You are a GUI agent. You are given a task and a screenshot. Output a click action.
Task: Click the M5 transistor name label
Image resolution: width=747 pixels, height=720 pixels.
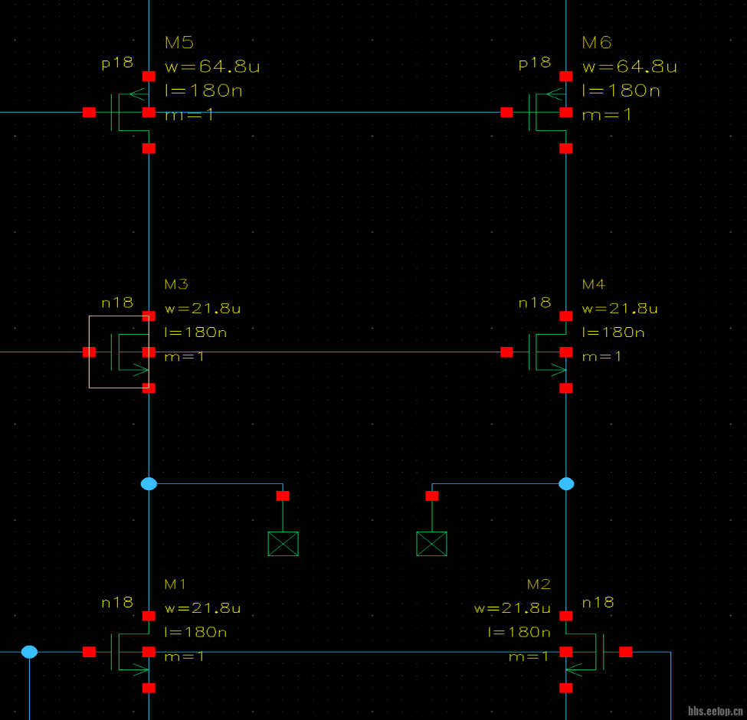[179, 42]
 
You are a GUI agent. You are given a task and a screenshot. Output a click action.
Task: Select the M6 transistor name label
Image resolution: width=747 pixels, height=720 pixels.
[596, 42]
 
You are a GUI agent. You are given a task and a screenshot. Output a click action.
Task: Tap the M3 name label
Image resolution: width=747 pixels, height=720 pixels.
[175, 284]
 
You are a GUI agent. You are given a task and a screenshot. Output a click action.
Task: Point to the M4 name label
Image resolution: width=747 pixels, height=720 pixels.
[593, 284]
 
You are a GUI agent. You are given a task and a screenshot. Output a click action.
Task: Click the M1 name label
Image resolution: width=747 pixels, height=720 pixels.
[175, 584]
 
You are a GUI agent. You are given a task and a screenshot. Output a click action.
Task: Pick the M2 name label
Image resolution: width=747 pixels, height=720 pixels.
[539, 584]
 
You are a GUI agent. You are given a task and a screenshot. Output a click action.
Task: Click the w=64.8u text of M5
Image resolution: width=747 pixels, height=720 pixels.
[212, 67]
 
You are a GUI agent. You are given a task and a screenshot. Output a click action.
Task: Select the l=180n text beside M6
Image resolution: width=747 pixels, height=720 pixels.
[621, 90]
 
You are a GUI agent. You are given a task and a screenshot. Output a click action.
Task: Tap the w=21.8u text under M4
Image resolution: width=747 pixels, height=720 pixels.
[620, 309]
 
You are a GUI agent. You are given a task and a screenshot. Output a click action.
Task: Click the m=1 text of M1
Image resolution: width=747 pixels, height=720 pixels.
[185, 656]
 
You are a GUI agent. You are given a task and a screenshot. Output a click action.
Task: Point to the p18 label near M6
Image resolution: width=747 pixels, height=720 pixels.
[535, 63]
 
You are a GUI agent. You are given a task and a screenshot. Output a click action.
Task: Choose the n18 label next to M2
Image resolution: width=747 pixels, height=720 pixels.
[598, 602]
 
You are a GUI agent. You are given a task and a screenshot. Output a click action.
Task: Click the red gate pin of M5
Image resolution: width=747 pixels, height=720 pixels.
[90, 113]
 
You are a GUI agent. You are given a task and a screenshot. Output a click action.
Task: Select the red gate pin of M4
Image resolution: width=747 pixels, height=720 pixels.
[506, 352]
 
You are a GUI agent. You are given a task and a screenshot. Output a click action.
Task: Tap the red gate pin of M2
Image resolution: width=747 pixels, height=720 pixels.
[626, 652]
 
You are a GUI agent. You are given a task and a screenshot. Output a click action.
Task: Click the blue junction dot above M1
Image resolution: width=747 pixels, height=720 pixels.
[149, 483]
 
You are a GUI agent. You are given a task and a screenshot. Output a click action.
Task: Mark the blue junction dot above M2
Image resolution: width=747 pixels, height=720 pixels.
[566, 483]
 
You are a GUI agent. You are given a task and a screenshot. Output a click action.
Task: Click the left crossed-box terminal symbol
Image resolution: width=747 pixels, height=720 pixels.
[283, 543]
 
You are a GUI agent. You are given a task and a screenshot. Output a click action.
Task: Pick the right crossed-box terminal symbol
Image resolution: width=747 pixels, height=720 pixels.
[431, 543]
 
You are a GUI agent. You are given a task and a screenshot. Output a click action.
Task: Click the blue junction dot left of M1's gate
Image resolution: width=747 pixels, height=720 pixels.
[29, 652]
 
